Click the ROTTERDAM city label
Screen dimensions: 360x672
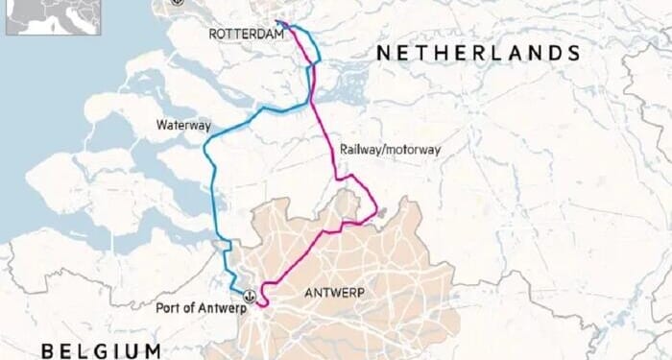click(247, 35)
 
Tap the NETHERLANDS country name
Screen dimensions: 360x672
click(478, 53)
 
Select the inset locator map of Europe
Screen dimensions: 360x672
click(53, 17)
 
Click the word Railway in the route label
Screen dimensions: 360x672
click(357, 150)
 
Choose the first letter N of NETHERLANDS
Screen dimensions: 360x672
click(382, 53)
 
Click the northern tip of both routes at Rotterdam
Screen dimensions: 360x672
click(279, 22)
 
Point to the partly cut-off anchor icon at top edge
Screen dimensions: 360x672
click(176, 3)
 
